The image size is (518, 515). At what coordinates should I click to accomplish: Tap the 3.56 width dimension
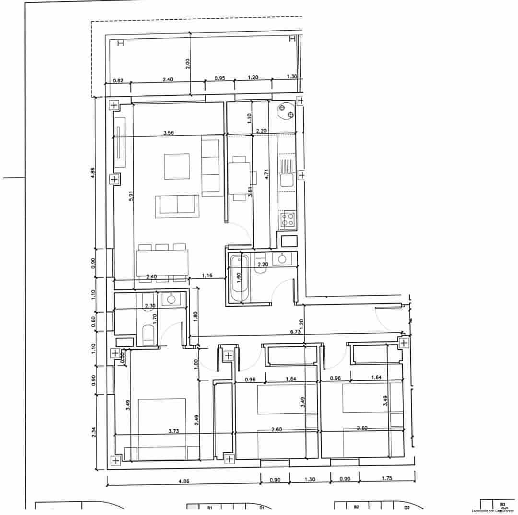168,133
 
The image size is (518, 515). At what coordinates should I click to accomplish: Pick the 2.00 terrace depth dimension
188,63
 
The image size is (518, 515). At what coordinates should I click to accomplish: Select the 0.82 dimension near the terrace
118,81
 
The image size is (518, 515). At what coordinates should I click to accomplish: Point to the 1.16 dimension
207,275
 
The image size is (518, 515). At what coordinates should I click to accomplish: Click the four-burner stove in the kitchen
288,219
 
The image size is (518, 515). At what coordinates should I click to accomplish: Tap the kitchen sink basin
287,180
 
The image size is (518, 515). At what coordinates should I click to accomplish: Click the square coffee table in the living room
177,166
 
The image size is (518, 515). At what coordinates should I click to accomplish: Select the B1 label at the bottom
209,507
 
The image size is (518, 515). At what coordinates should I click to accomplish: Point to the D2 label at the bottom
406,507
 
